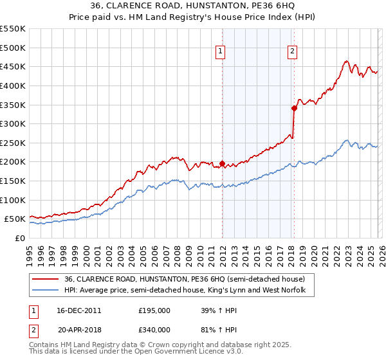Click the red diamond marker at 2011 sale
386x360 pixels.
tap(223, 163)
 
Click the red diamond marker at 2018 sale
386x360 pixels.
tap(294, 108)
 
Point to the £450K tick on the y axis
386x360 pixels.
tap(14, 66)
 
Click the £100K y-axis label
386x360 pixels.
tap(14, 200)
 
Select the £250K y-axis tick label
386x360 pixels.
tap(14, 143)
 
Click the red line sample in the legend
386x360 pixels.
tap(46, 279)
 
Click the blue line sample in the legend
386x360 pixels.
tap(46, 291)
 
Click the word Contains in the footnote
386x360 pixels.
tap(45, 345)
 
